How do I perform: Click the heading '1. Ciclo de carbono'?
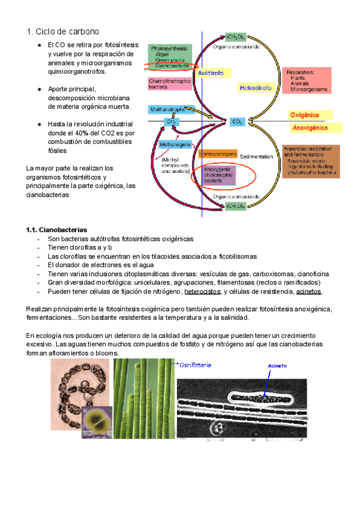(x=63, y=31)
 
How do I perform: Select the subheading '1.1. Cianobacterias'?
(x=57, y=230)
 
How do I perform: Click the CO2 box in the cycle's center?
(x=236, y=121)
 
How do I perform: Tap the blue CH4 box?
(x=171, y=121)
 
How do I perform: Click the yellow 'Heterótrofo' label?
(x=256, y=88)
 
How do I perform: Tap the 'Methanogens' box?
(x=175, y=145)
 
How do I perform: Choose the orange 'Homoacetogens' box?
(x=218, y=153)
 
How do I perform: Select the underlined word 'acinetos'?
(x=309, y=292)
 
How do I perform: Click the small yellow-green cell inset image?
(x=96, y=421)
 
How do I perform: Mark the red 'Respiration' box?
(x=307, y=80)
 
